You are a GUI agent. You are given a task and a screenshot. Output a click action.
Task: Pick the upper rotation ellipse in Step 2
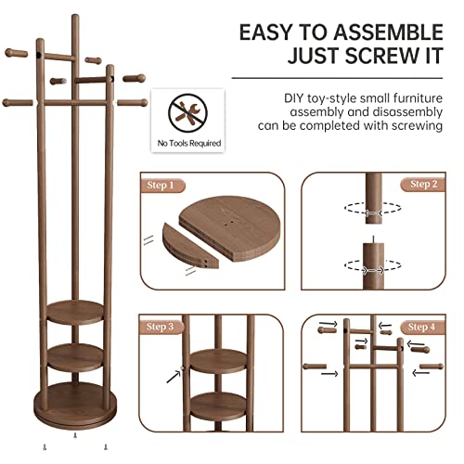click(x=368, y=210)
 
